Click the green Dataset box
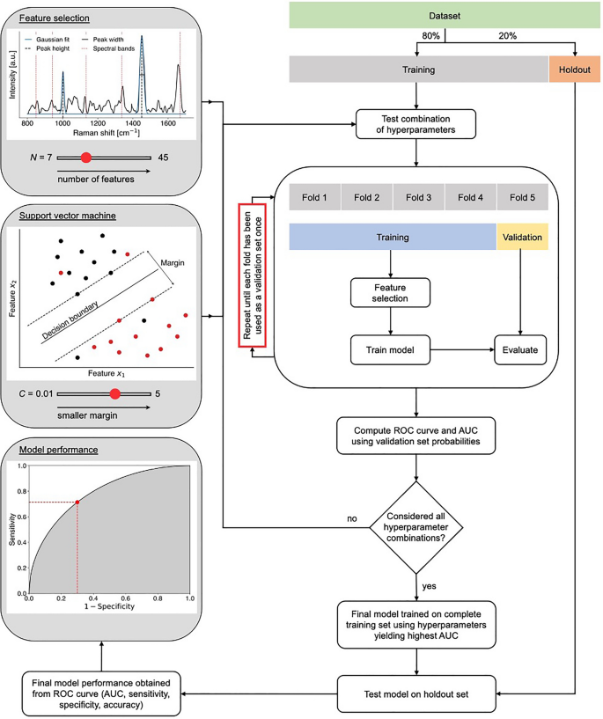click(444, 16)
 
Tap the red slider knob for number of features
click(86, 158)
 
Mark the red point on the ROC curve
click(77, 502)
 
